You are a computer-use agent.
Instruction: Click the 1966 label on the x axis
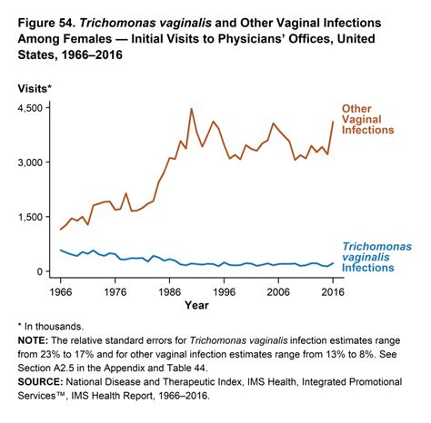60,293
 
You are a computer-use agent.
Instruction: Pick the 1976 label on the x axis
115,293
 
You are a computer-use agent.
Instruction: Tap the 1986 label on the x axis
170,293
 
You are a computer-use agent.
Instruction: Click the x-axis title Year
196,307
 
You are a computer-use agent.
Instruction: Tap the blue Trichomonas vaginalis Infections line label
376,258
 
